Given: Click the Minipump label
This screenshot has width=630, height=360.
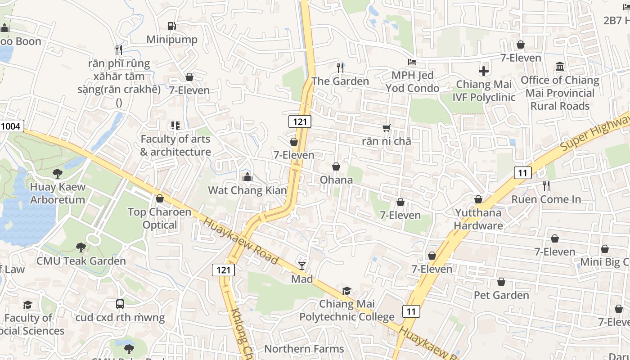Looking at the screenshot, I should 172,40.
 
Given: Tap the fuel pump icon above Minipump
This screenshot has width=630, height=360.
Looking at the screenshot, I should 171,26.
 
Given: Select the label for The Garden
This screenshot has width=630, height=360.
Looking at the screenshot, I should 340,81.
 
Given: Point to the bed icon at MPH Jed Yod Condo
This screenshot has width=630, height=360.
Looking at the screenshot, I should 412,62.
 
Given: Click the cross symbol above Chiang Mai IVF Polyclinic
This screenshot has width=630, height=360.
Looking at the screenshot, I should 484,71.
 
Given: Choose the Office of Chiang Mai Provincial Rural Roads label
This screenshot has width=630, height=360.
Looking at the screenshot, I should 560,93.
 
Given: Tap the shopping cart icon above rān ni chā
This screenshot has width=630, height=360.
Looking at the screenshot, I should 387,128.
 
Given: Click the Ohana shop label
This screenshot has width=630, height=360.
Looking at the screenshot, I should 336,180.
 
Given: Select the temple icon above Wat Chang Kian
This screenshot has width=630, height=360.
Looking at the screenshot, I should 247,177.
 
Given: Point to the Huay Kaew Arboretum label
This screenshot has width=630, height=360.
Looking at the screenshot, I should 58,193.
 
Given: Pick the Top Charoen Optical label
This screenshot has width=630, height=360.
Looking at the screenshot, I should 160,218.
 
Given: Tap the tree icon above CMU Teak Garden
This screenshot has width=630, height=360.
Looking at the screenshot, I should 81,247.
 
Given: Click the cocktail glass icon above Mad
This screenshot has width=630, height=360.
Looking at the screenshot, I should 302,266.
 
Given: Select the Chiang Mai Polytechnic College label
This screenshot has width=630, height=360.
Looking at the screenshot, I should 347,310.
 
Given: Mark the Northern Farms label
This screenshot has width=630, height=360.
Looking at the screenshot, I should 304,349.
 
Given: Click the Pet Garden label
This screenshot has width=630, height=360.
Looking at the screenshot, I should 501,295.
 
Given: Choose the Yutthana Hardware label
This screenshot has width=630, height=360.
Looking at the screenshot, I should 478,219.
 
